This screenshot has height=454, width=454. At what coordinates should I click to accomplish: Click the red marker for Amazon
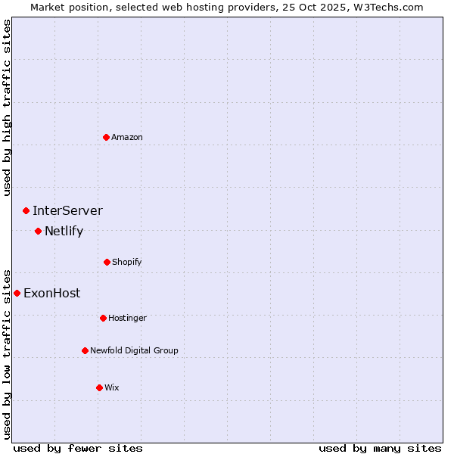107,137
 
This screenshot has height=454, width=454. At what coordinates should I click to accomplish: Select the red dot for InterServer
26,210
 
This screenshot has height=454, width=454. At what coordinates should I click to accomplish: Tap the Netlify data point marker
38,231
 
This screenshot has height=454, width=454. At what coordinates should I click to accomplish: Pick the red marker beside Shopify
107,262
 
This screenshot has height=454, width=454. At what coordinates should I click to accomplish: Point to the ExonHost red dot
17,293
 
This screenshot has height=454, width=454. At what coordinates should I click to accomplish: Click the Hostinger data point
103,318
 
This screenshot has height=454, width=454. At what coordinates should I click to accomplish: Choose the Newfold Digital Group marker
85,350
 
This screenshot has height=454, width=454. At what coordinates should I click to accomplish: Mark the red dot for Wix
99,387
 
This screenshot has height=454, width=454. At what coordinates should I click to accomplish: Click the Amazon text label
127,137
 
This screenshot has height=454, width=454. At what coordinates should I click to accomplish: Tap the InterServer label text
67,210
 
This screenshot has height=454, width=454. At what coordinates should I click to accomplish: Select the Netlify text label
64,231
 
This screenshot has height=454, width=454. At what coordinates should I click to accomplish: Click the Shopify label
127,262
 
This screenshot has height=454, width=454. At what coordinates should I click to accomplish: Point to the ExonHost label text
51,293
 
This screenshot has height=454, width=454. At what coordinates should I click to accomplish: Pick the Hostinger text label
127,318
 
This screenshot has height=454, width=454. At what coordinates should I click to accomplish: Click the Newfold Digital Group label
134,350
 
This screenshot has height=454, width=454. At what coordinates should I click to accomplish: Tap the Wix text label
112,387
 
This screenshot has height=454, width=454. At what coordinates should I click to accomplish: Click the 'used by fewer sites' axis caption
78,448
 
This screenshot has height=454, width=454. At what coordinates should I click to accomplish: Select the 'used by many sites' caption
380,448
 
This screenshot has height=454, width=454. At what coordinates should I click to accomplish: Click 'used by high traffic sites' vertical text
7,107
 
